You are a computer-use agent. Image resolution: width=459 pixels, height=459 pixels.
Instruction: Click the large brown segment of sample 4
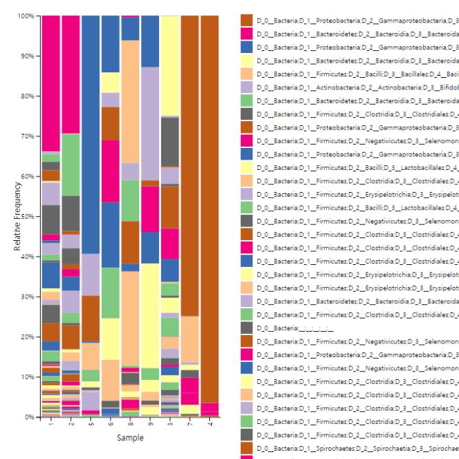coord(211,206)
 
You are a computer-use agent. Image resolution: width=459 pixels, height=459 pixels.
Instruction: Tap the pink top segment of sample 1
coord(51,83)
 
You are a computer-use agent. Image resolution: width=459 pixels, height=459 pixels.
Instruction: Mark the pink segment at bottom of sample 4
coord(211,409)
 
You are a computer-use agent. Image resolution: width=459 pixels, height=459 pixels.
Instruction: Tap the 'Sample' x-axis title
coord(130,438)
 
